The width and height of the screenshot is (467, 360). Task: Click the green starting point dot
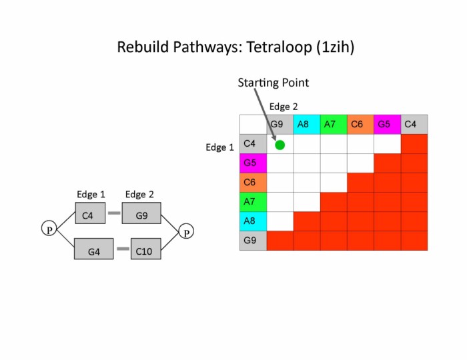tap(280, 145)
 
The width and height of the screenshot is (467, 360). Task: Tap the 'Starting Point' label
tap(273, 83)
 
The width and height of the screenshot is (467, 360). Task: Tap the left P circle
tap(49, 230)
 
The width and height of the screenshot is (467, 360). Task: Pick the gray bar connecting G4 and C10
tap(123, 249)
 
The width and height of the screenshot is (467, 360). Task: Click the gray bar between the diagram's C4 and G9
tap(114, 213)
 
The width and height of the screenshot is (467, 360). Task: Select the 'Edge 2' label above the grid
tap(284, 106)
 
